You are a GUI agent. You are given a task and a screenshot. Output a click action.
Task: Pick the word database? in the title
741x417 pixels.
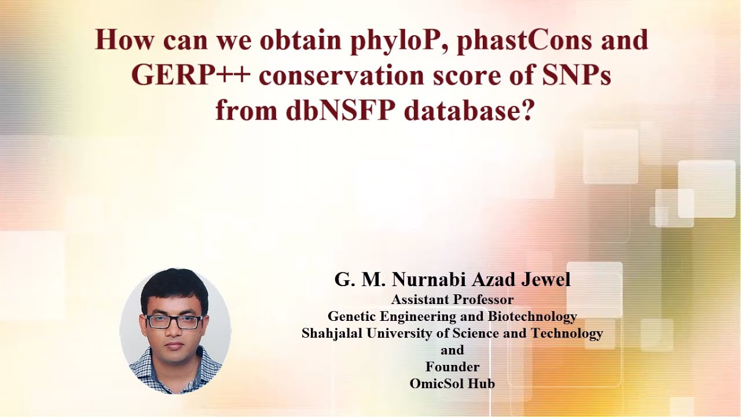pyautogui.click(x=468, y=110)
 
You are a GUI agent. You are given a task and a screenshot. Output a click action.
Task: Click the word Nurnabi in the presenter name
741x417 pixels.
pyautogui.click(x=428, y=280)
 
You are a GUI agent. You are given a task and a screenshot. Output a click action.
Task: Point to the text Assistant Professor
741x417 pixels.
pyautogui.click(x=452, y=300)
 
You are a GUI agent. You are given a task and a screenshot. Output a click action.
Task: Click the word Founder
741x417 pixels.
pyautogui.click(x=452, y=367)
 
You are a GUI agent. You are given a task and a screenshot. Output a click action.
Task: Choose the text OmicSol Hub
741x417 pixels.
pyautogui.click(x=452, y=383)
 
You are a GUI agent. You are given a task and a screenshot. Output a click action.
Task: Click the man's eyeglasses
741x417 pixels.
pyautogui.click(x=174, y=322)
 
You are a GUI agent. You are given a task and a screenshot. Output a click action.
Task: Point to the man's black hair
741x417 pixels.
pyautogui.click(x=174, y=287)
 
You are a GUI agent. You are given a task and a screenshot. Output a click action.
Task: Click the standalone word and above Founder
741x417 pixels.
pyautogui.click(x=452, y=350)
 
